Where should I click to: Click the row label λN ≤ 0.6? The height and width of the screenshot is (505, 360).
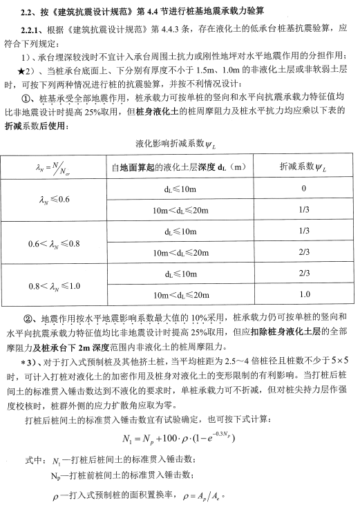click(55, 199)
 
